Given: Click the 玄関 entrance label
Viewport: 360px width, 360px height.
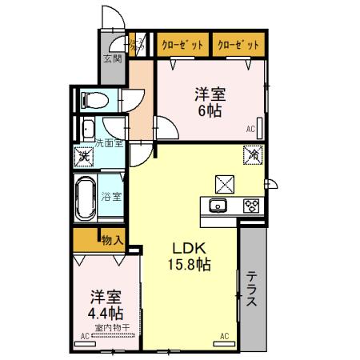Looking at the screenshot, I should point(112,58).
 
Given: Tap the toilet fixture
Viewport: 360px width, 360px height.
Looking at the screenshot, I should point(95,101).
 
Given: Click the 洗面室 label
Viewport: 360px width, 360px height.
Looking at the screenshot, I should point(109,143).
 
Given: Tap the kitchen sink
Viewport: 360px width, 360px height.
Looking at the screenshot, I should point(218,206).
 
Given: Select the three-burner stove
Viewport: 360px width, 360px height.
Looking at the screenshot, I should point(250,206).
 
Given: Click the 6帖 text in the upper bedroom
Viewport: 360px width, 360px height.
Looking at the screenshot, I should point(210,110).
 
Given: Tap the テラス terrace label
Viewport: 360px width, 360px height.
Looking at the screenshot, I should point(250,289).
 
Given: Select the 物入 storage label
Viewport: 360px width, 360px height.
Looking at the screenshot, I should point(112,239).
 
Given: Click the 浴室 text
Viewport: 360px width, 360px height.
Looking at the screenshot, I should point(111,196).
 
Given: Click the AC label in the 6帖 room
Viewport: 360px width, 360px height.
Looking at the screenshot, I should point(250,129).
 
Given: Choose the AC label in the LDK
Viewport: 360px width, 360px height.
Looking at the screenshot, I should point(225,335).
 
